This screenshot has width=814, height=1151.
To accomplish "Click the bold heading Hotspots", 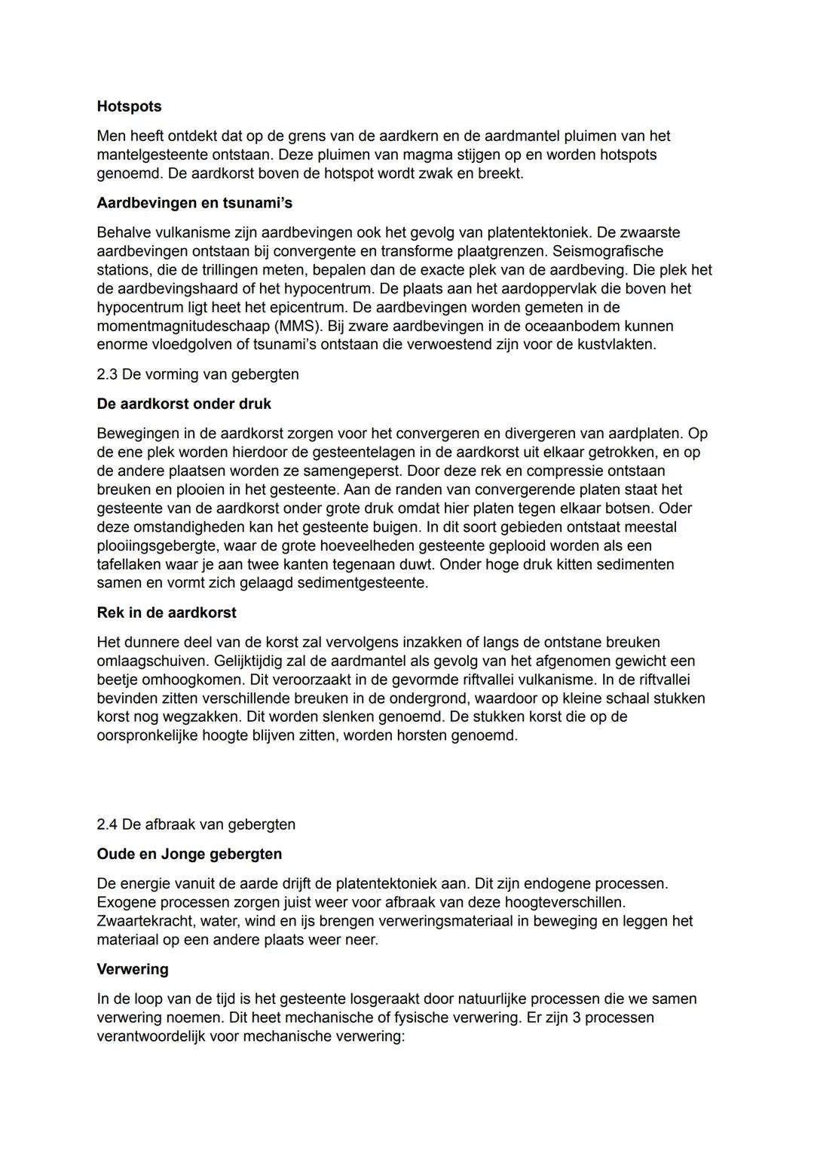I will [129, 106].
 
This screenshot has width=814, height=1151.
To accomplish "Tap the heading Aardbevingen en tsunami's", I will [194, 203].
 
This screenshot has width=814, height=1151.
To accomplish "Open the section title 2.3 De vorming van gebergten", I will [197, 374].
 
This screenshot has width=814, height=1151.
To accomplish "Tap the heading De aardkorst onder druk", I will [184, 404].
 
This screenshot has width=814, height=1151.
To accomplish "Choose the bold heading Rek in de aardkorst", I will [166, 612].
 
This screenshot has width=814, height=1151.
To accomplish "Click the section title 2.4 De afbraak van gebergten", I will [196, 824].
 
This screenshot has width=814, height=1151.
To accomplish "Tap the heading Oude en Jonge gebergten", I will [189, 854].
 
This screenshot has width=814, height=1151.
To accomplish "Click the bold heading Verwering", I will [133, 969].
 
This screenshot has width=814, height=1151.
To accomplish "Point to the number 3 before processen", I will [574, 1017].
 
